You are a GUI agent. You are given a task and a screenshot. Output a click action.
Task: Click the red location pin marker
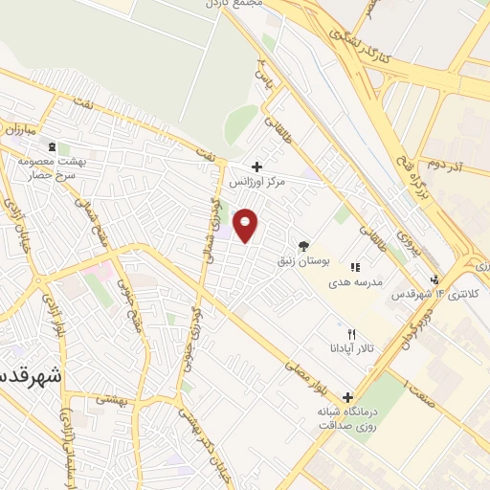tap(247, 226)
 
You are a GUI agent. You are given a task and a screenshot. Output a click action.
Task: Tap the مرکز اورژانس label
tap(257, 180)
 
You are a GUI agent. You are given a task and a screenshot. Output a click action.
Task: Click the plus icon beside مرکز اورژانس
tap(256, 166)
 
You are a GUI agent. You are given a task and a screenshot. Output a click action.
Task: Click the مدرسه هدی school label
tap(355, 282)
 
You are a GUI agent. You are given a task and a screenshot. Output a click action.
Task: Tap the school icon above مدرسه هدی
tap(355, 268)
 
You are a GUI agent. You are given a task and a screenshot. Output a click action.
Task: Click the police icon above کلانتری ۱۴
tap(435, 278)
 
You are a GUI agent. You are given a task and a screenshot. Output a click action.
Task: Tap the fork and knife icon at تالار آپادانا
tap(352, 334)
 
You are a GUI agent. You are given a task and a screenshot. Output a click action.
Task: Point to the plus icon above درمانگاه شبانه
tap(346, 397)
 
